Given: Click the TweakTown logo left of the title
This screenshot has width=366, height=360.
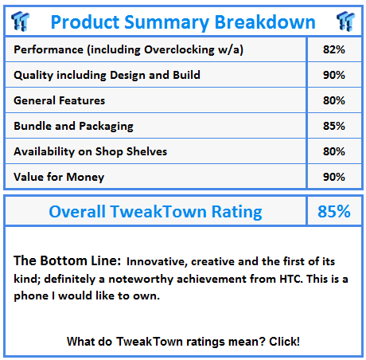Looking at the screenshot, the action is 21,22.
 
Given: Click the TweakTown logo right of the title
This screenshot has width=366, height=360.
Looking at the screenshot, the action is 345,22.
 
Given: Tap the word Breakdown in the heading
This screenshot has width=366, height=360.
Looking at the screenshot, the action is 265,22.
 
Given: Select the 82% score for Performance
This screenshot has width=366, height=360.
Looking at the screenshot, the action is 334,49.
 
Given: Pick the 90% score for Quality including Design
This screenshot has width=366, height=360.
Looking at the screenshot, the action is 334,75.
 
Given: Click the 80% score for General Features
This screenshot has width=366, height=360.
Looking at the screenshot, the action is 334,100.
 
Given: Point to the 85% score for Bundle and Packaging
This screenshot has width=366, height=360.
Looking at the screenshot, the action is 334,126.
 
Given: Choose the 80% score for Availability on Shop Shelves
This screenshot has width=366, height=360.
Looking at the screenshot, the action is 334,151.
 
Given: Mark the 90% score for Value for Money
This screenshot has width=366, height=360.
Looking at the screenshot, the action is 334,177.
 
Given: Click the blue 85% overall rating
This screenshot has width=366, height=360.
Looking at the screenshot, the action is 334,212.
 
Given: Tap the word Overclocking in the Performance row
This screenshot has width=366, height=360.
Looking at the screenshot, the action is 179,50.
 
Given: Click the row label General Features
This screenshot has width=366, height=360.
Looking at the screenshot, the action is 60,100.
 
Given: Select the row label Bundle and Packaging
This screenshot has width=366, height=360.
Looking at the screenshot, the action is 73,127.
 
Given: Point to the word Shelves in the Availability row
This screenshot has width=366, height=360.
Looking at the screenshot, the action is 146,151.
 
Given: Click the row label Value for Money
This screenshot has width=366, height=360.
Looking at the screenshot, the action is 59,178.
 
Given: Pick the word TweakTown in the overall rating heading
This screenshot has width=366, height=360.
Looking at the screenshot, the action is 158,212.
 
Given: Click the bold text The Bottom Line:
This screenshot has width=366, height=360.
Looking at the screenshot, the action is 68,260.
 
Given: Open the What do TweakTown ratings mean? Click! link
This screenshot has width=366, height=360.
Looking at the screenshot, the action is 183,342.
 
